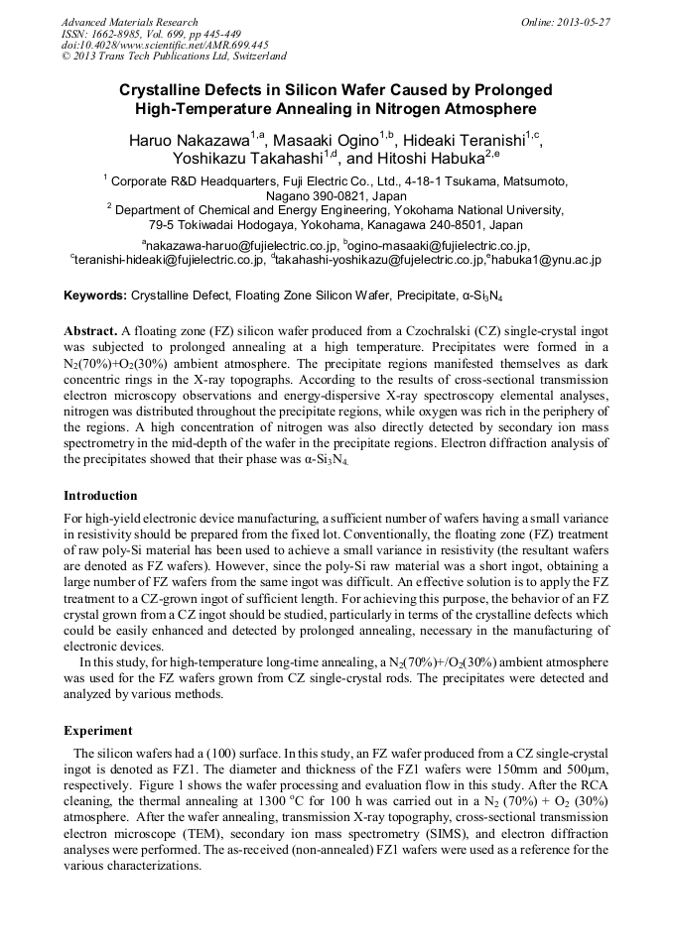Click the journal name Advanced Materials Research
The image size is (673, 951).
coord(129,22)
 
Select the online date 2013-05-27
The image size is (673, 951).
coord(581,22)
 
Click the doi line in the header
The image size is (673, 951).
coord(164,45)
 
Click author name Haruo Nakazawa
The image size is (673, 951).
coord(189,140)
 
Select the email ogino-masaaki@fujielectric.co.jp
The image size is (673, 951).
coord(440,245)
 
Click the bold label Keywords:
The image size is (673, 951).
coord(95,296)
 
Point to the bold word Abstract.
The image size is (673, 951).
coord(90,329)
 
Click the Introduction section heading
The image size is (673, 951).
coord(100,496)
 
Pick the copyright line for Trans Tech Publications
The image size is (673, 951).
coord(174,57)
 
